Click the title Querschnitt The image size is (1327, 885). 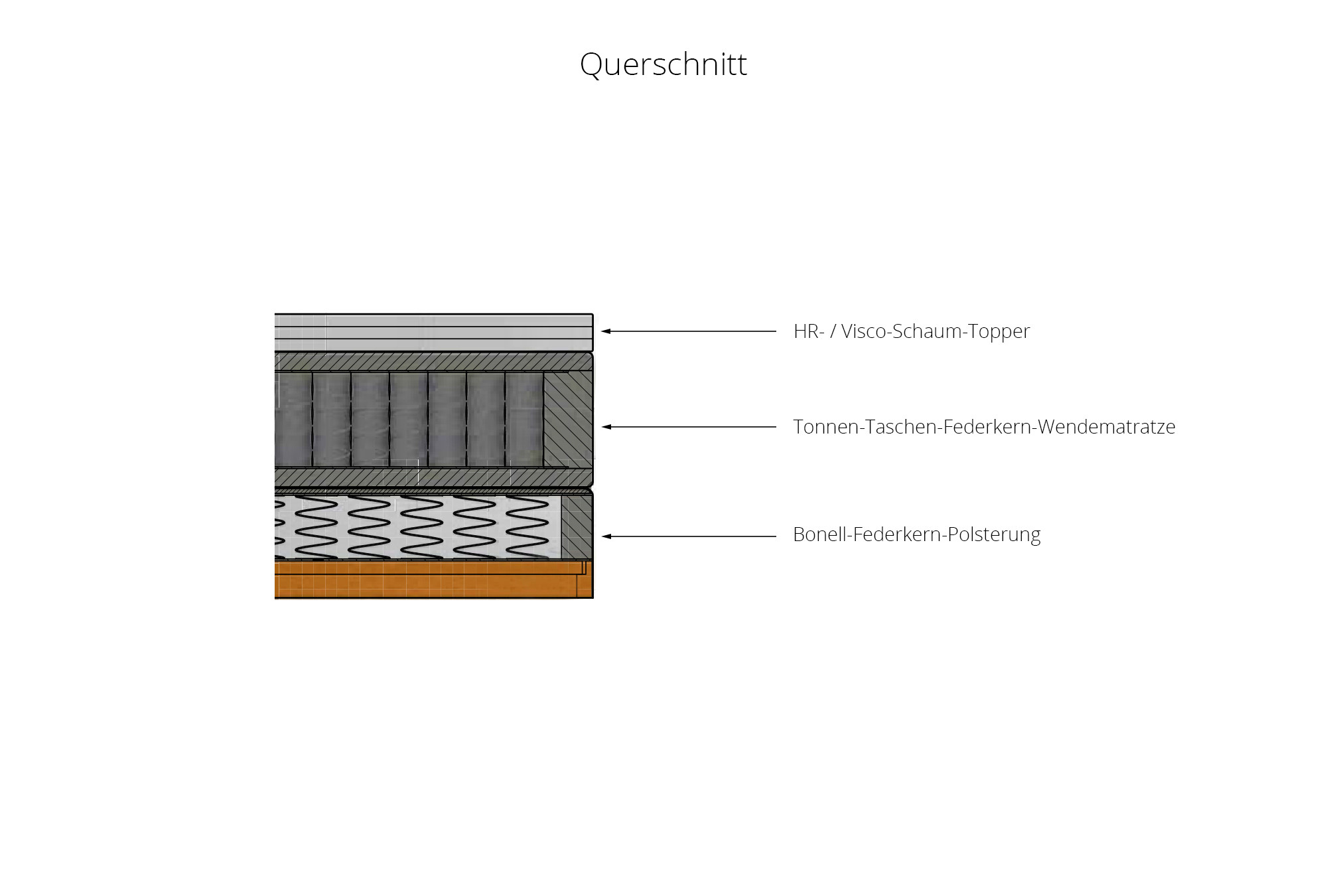(663, 65)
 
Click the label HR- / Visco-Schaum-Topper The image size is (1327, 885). (912, 331)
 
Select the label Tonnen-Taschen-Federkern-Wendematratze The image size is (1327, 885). (984, 426)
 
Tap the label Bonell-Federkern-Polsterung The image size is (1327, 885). (916, 534)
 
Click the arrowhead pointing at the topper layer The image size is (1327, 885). (606, 331)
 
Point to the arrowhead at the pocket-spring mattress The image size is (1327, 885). (606, 427)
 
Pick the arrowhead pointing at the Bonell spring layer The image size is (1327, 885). (606, 536)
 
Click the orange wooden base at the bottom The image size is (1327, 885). (434, 579)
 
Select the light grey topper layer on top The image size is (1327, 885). (434, 333)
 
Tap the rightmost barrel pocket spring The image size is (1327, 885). (524, 419)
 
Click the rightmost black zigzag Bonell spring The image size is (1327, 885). (527, 526)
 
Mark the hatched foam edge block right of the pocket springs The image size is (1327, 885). (568, 418)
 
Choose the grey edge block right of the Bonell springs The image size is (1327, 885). (577, 527)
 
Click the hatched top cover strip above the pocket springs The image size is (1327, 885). (434, 362)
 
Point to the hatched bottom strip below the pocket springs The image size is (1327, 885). (434, 477)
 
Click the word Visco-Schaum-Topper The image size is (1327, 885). (936, 331)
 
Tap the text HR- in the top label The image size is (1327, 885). (809, 331)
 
